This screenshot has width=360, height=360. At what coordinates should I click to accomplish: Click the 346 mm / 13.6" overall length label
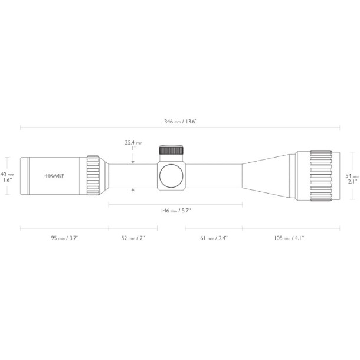tap(181, 121)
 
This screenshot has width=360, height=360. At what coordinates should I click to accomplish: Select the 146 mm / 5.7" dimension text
tap(176, 211)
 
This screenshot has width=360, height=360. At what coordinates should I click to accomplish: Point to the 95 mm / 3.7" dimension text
tap(64, 238)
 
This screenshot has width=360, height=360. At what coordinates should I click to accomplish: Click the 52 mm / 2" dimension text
tap(133, 238)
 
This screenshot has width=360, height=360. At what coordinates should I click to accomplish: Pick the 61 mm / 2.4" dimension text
tap(214, 238)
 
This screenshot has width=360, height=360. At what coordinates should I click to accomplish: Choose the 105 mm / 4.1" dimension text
tap(289, 238)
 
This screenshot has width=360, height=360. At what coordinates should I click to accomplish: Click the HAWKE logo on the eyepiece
tap(55, 176)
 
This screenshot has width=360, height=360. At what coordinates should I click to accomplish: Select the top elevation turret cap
tap(171, 150)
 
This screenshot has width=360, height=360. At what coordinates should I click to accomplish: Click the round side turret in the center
tap(171, 176)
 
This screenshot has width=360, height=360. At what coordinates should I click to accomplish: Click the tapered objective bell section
tap(269, 175)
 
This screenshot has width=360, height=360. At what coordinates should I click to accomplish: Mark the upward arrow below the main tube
tap(133, 190)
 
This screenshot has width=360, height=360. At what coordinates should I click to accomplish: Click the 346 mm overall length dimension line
tap(89, 127)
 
